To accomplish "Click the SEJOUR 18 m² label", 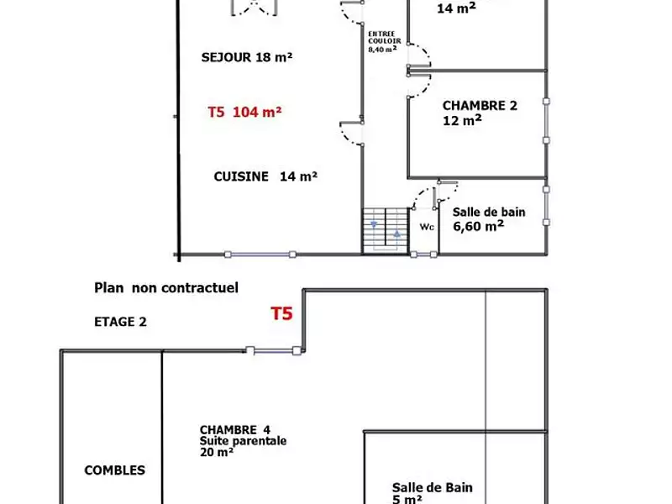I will (246, 57).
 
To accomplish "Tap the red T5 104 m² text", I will (244, 111).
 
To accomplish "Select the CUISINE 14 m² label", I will (265, 176).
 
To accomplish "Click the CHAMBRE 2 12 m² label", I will (479, 113).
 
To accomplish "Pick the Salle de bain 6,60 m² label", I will (489, 218).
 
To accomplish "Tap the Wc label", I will (425, 227).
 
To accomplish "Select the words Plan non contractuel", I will (165, 288).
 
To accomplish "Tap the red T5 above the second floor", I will (281, 314).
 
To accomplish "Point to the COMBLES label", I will (114, 470).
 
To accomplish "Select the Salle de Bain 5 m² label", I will (432, 493).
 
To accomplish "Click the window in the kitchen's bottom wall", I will (260, 254).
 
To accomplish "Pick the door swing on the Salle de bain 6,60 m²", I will (427, 197).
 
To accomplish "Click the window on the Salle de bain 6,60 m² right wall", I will (547, 205).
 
